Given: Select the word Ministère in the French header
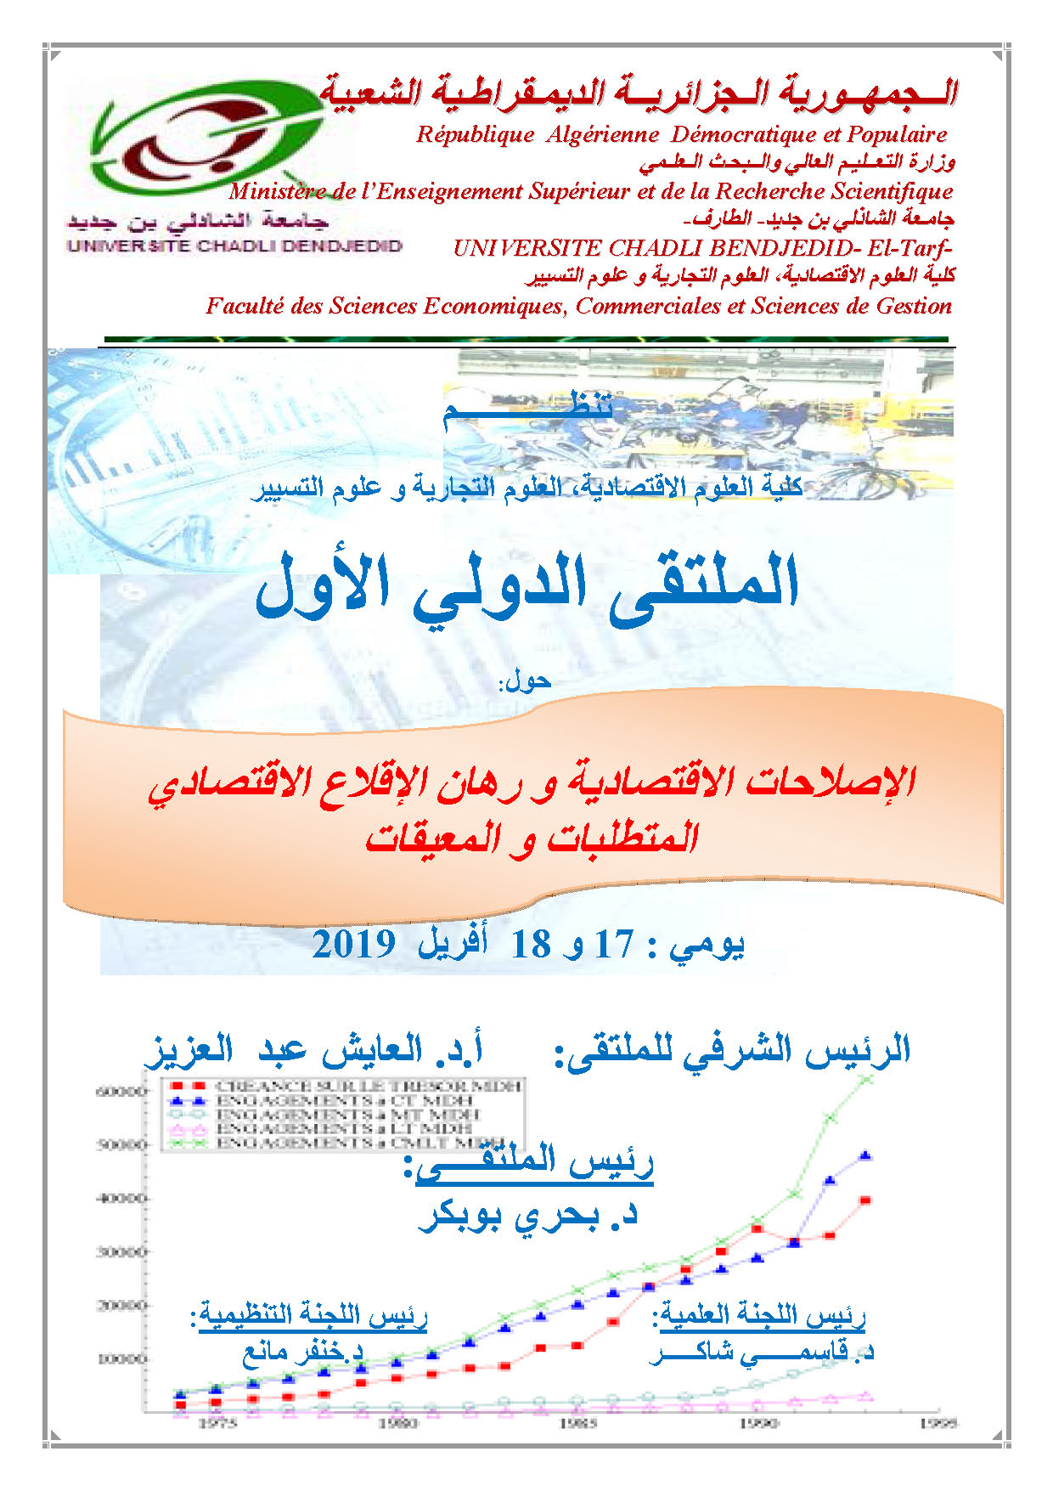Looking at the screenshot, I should (x=283, y=191).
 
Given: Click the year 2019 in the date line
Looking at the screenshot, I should (x=353, y=944).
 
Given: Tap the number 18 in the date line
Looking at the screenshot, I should (x=531, y=944).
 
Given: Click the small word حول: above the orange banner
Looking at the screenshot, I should (x=526, y=681).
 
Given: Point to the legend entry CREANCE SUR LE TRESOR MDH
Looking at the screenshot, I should (x=367, y=1086).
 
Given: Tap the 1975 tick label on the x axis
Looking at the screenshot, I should (x=217, y=1423).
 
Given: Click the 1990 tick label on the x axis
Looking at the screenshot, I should (x=758, y=1423).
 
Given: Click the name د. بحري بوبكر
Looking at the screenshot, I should (x=528, y=1216).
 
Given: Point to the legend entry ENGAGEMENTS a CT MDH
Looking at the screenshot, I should (x=344, y=1100).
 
